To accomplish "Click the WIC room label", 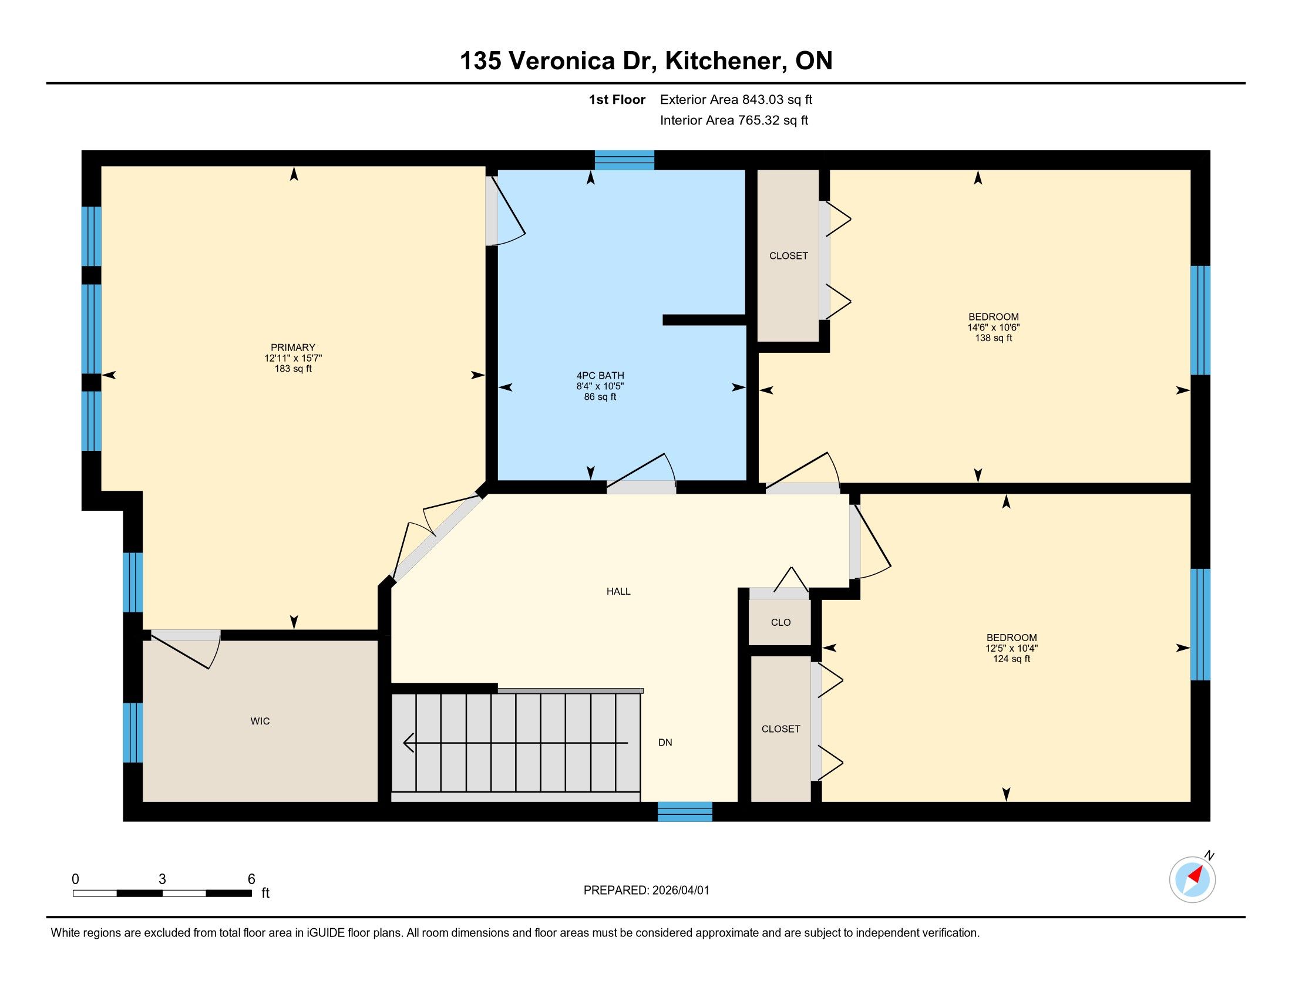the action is point(260,721).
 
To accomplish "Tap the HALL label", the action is point(618,591).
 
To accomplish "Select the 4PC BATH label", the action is point(600,376).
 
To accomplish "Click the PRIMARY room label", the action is point(293,348).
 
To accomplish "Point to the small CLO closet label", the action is point(781,622).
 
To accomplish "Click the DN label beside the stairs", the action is point(665,743).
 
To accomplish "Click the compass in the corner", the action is point(1193,879).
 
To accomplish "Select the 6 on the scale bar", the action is point(251,879).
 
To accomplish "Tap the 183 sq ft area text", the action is point(293,369).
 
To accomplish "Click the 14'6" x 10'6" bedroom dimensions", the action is point(994,328).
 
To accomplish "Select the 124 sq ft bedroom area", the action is point(1012,659).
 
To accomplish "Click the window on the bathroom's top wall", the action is point(624,160).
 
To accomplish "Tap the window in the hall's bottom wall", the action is point(685,812).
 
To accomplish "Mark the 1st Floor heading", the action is point(617,99).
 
